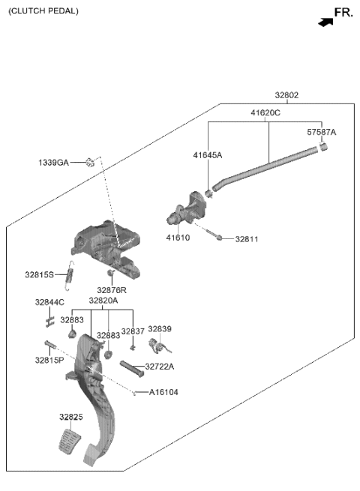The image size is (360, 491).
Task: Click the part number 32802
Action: [x=286, y=95]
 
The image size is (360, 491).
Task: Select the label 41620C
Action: [x=265, y=112]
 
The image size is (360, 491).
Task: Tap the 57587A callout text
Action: [x=322, y=132]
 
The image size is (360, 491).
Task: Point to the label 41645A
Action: [x=207, y=155]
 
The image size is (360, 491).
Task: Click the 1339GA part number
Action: [x=53, y=162]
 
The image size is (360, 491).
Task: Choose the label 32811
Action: [x=247, y=239]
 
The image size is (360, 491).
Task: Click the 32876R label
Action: [x=112, y=289]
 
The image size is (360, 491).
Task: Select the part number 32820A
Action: [x=103, y=301]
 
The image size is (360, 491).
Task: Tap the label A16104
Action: [x=163, y=392]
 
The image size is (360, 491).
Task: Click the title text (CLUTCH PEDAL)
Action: [x=43, y=11]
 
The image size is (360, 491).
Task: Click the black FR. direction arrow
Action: [x=325, y=22]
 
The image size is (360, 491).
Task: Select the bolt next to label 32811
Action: [x=217, y=238]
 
